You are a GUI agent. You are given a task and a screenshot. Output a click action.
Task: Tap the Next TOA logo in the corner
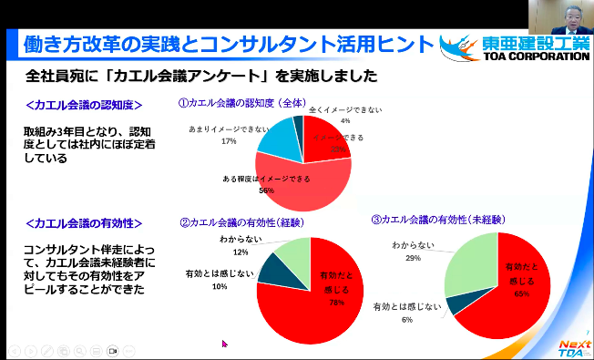pyautogui.click(x=571, y=345)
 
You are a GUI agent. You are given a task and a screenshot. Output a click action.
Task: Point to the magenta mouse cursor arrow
pyautogui.click(x=224, y=344)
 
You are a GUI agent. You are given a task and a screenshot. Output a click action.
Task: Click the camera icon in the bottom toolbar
pyautogui.click(x=114, y=350)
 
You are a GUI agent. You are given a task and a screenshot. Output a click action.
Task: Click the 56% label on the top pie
pyautogui.click(x=267, y=190)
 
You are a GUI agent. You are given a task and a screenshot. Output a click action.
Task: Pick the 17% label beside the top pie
pyautogui.click(x=229, y=141)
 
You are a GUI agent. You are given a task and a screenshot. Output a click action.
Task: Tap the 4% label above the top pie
pyautogui.click(x=344, y=120)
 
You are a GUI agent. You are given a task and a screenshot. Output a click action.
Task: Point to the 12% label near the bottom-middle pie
pyautogui.click(x=241, y=252)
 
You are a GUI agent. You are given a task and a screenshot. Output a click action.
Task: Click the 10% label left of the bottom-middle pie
pyautogui.click(x=219, y=286)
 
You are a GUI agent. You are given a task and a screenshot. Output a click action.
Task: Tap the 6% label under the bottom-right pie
pyautogui.click(x=405, y=320)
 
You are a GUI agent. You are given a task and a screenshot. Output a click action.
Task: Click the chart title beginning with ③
pyautogui.click(x=432, y=220)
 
